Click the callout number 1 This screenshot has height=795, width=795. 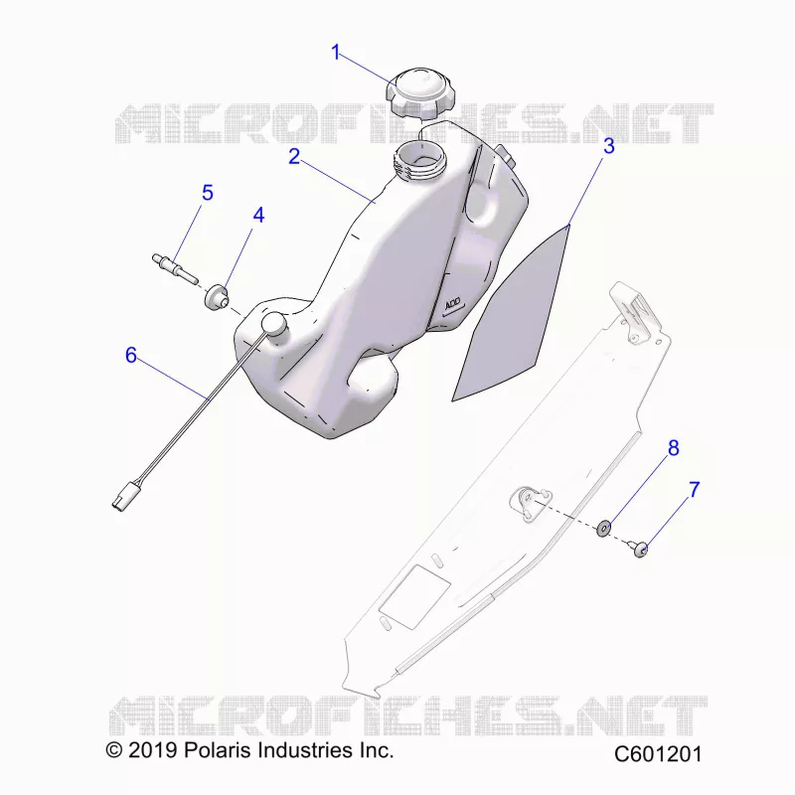pos(335,53)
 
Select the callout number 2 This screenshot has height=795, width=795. pos(294,157)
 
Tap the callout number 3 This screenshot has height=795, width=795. pos(608,146)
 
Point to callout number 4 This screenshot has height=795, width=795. pos(258,216)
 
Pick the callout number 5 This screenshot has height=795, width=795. pos(208,193)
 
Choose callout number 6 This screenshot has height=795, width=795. pos(131,356)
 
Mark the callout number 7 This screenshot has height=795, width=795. pos(694,490)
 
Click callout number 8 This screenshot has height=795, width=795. pos(674,448)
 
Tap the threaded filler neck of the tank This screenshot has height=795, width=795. pos(420,161)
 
